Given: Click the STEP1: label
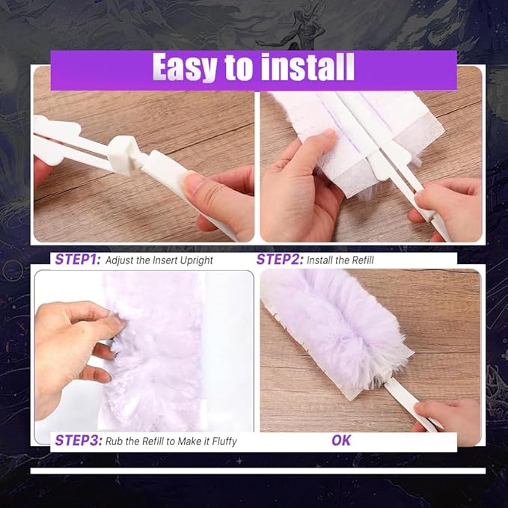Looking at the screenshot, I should click(78, 260).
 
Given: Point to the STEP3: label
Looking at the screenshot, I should click(78, 441).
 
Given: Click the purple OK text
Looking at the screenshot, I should click(341, 440).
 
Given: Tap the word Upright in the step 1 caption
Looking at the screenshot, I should click(193, 261).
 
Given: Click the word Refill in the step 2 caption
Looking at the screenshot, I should click(359, 260).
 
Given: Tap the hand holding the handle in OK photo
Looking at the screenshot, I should click(449, 415).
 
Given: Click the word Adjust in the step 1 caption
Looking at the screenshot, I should click(120, 261).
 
